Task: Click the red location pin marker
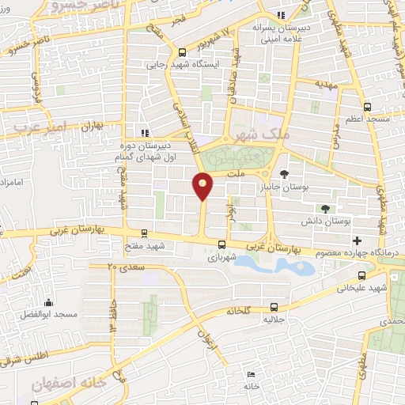(203, 185)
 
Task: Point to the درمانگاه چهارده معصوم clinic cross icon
(358, 240)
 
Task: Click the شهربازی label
(222, 258)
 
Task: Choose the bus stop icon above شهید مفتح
(143, 233)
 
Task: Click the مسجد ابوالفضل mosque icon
(49, 302)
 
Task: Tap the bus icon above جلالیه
(274, 307)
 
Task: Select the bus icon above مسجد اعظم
(366, 107)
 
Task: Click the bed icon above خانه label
(251, 374)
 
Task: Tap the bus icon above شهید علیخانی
(362, 275)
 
